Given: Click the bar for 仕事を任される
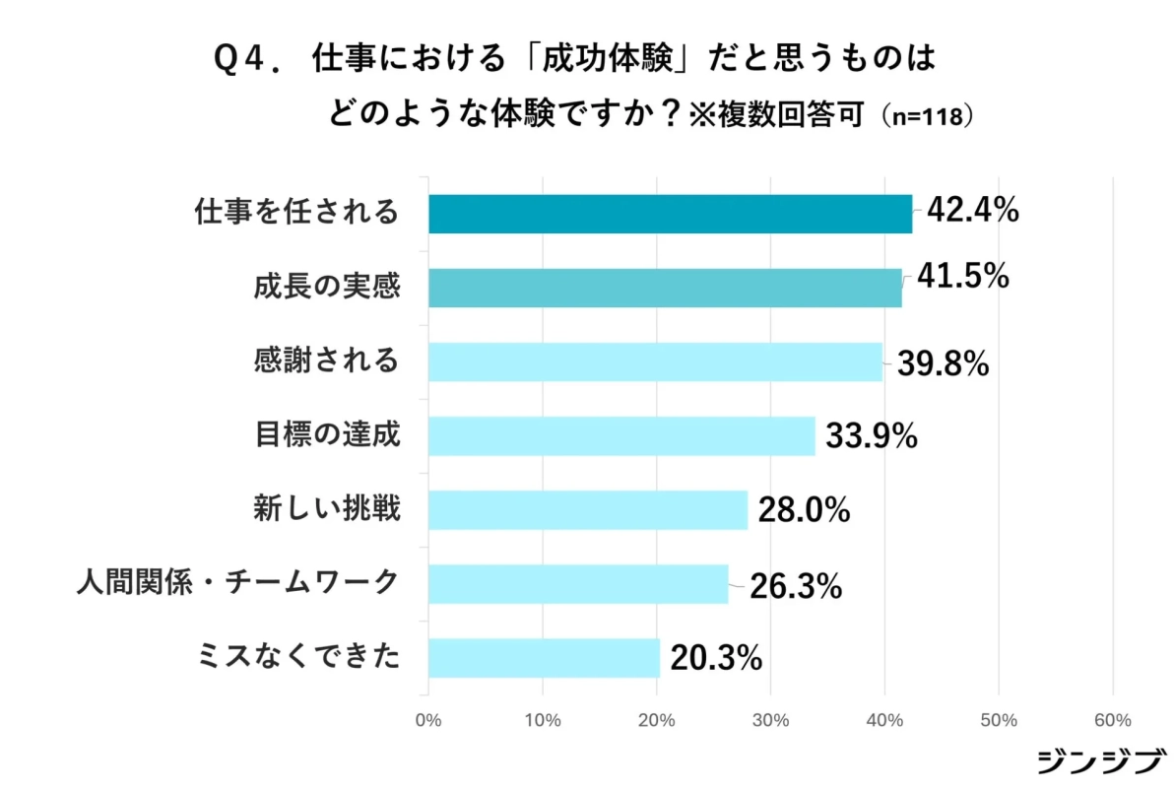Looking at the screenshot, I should (670, 214).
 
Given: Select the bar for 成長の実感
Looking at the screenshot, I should (665, 288).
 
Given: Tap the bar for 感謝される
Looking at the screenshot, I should (655, 361).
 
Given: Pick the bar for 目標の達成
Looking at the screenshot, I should (621, 435).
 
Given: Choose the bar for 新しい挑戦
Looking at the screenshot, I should (588, 509).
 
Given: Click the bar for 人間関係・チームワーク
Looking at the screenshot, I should (578, 584).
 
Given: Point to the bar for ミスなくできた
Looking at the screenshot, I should (544, 658).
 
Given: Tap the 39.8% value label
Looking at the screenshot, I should (942, 363).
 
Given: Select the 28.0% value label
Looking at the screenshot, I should (803, 510).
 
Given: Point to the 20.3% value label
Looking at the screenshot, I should (716, 658).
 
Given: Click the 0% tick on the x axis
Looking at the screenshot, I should (428, 720).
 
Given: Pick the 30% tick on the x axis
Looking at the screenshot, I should (770, 720).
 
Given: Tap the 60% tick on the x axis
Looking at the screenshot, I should (1113, 720).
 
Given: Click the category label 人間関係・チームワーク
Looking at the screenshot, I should (237, 582).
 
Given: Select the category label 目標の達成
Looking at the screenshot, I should (327, 433).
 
